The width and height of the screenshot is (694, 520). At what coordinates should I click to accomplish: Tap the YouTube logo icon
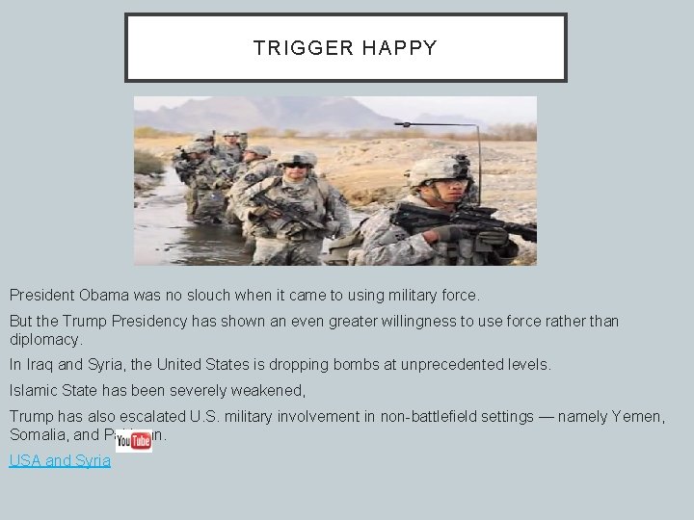pos(133,441)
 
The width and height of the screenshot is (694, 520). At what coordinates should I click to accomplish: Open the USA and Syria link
pos(60,461)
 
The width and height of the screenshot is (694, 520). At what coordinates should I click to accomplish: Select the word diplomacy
pos(45,340)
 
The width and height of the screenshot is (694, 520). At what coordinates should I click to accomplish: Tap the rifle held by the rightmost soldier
pos(463,221)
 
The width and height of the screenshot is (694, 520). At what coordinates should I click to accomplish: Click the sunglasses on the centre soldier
pos(298,166)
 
